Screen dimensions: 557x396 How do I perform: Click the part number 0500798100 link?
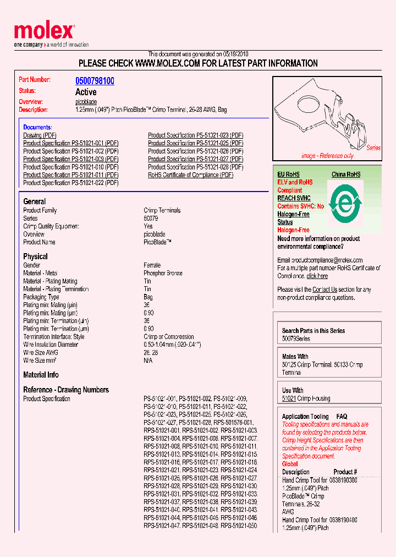tap(95, 81)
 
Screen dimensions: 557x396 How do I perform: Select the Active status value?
tap(86, 92)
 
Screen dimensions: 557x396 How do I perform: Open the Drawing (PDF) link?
tap(40, 135)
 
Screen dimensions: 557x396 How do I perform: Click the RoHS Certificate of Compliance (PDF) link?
tap(190, 175)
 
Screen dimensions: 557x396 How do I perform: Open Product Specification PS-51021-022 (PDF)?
tap(70, 183)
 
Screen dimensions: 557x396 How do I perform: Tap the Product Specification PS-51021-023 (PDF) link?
tap(195, 135)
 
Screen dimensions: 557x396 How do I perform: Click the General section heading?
tap(35, 201)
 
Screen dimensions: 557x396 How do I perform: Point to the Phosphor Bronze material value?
tap(163, 274)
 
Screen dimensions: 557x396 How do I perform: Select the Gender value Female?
tap(152, 265)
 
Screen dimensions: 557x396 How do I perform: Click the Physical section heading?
tap(35, 256)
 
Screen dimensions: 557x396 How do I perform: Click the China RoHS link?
tap(346, 174)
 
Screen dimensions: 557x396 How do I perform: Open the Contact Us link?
tap(324, 290)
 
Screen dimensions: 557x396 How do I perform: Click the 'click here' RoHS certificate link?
tap(317, 276)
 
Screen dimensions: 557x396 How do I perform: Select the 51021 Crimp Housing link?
tap(289, 398)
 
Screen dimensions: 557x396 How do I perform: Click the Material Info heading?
tap(41, 375)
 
